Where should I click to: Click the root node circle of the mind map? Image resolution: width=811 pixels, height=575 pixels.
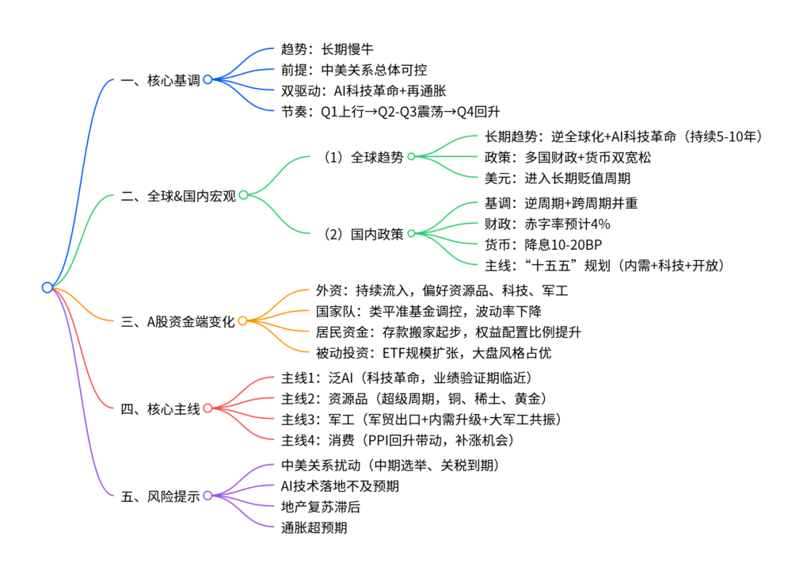pyautogui.click(x=47, y=287)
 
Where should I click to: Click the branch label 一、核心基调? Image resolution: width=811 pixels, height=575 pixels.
pyautogui.click(x=160, y=79)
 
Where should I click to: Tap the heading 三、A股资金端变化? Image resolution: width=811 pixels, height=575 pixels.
pyautogui.click(x=178, y=320)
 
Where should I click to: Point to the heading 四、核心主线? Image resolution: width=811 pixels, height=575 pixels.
pyautogui.click(x=160, y=408)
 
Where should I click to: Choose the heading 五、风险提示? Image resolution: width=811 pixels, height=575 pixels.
pyautogui.click(x=160, y=496)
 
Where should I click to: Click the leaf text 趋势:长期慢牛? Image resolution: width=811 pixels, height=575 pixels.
pyautogui.click(x=322, y=49)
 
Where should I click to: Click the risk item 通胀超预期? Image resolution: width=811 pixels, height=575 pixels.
pyautogui.click(x=314, y=527)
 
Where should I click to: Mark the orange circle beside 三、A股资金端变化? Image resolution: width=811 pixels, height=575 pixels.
pyautogui.click(x=242, y=320)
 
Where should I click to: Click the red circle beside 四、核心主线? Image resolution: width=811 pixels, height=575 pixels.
pyautogui.click(x=208, y=408)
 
